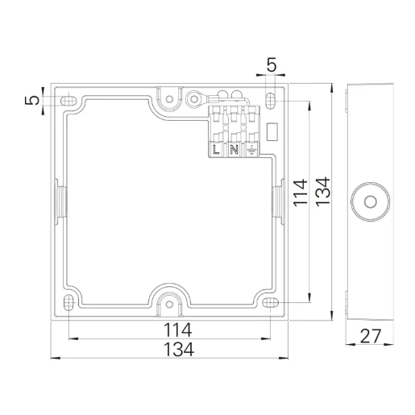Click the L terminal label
(x=217, y=149)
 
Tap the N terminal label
(x=234, y=149)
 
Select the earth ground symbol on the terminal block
(x=251, y=149)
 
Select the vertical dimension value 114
(x=300, y=194)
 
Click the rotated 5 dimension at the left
(x=31, y=100)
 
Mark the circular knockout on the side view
(x=371, y=200)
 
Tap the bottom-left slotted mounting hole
(x=69, y=302)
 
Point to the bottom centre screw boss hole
(x=169, y=304)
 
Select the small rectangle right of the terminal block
(x=272, y=130)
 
